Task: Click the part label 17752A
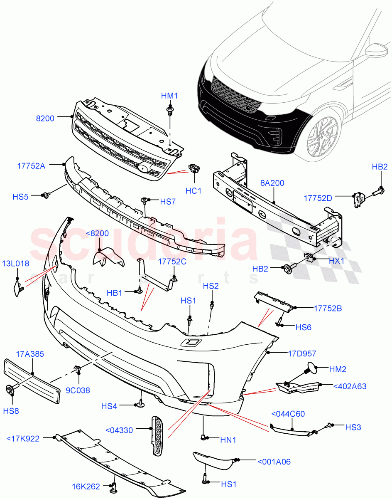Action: click(x=32, y=165)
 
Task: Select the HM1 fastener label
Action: click(x=169, y=96)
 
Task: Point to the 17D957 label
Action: click(x=302, y=354)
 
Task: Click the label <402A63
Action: click(x=350, y=386)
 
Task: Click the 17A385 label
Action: click(x=30, y=354)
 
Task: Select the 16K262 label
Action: click(x=86, y=487)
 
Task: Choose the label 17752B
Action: click(x=328, y=308)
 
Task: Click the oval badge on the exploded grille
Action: click(x=142, y=168)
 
